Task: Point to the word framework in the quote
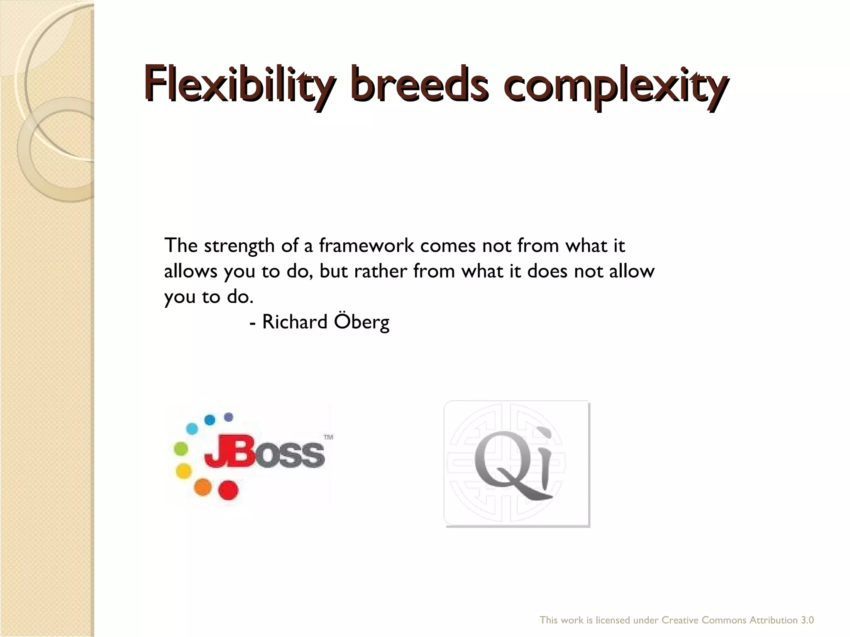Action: point(366,246)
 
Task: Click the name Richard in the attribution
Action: point(295,322)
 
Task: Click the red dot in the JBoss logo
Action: point(228,490)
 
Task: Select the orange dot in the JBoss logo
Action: point(203,486)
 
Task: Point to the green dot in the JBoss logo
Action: point(181,449)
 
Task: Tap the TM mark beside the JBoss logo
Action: point(328,437)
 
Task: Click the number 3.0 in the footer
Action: point(807,620)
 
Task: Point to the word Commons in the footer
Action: point(725,620)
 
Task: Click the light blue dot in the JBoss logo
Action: point(192,428)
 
